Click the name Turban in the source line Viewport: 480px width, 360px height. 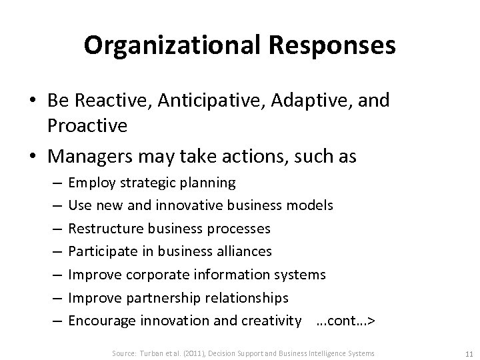(151, 353)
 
